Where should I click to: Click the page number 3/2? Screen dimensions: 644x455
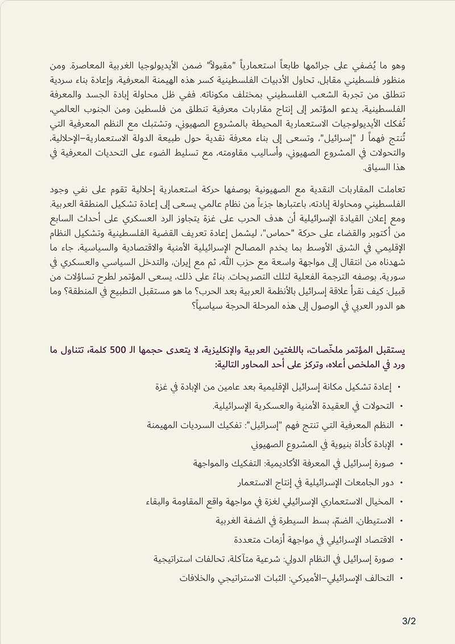tap(408, 621)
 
